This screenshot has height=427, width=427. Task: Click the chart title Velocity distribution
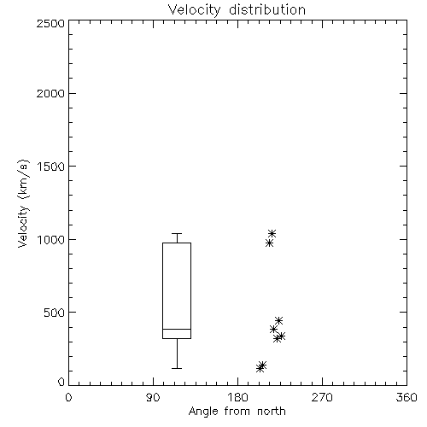(237, 10)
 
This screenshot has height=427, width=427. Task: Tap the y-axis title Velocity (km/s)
(23, 203)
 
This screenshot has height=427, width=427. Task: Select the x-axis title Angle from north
(237, 412)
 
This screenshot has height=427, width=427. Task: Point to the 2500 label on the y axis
(50, 23)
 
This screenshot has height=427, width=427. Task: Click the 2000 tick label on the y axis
(50, 93)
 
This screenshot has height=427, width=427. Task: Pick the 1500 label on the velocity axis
(51, 167)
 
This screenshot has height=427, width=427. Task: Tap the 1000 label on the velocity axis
(51, 239)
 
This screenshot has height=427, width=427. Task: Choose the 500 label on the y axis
(55, 313)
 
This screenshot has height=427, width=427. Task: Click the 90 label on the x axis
(153, 397)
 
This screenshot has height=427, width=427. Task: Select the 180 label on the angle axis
(237, 397)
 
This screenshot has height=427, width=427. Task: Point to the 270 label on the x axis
(322, 397)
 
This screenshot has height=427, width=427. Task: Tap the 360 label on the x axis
(407, 397)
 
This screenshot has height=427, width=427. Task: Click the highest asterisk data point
(272, 234)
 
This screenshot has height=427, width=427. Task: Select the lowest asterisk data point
(260, 368)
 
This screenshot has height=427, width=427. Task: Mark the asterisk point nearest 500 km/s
(278, 320)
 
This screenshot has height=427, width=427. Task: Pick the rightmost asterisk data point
(281, 336)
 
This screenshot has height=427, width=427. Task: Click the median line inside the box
(177, 329)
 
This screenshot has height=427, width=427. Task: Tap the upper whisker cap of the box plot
(177, 234)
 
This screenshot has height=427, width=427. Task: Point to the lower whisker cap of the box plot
(177, 368)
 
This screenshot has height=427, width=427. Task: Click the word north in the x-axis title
(272, 412)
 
